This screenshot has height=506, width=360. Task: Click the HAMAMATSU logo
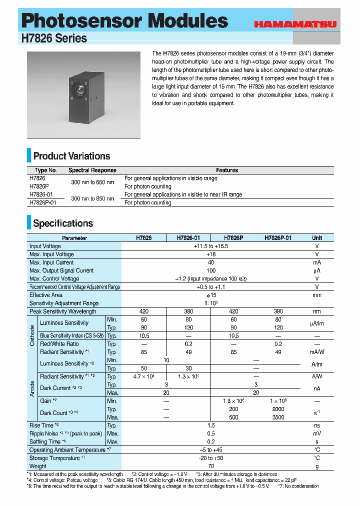pyautogui.click(x=295, y=23)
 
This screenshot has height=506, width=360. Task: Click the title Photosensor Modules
pyautogui.click(x=125, y=21)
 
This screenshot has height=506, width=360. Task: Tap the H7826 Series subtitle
pyautogui.click(x=54, y=38)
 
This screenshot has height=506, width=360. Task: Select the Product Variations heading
pyautogui.click(x=71, y=156)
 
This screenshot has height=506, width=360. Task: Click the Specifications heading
pyautogui.click(x=63, y=223)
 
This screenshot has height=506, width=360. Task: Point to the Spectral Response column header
pyautogui.click(x=92, y=170)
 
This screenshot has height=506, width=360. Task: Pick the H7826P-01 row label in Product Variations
pyautogui.click(x=43, y=202)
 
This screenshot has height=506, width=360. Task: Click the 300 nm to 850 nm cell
pyautogui.click(x=92, y=198)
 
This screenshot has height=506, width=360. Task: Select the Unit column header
pyautogui.click(x=317, y=238)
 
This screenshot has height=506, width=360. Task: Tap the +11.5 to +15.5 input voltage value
pyautogui.click(x=210, y=246)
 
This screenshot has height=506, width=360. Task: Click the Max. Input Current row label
pyautogui.click(x=51, y=262)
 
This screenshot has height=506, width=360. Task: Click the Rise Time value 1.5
pyautogui.click(x=210, y=425)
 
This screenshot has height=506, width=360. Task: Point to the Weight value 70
pyautogui.click(x=210, y=466)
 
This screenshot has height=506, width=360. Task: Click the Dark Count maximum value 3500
pyautogui.click(x=278, y=417)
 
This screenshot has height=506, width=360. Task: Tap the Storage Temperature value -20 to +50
pyautogui.click(x=210, y=458)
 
